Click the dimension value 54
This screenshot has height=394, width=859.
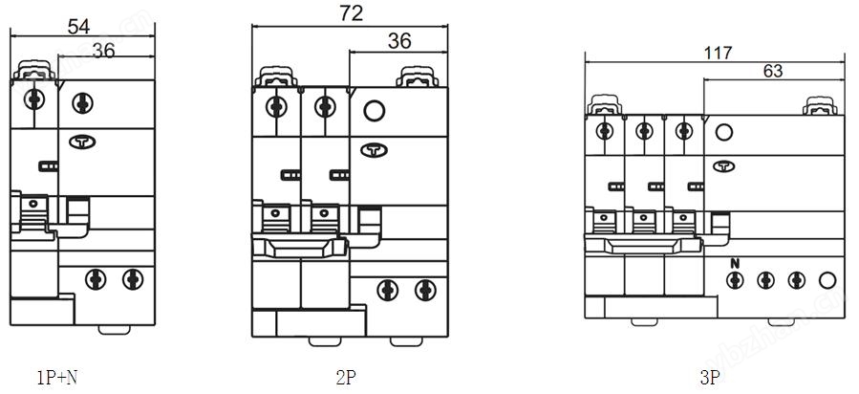tap(79, 27)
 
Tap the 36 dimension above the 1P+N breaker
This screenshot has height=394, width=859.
tap(103, 51)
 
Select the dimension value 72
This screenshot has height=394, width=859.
tap(351, 13)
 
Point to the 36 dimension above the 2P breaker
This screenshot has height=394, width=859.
tap(399, 41)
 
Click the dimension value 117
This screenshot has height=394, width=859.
tap(719, 53)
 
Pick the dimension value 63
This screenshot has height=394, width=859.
tap(773, 71)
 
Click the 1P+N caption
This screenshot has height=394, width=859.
tap(57, 378)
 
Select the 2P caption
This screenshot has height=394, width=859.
tap(346, 378)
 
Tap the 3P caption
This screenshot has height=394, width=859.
tap(709, 378)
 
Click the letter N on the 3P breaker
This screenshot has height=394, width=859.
tap(735, 264)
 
